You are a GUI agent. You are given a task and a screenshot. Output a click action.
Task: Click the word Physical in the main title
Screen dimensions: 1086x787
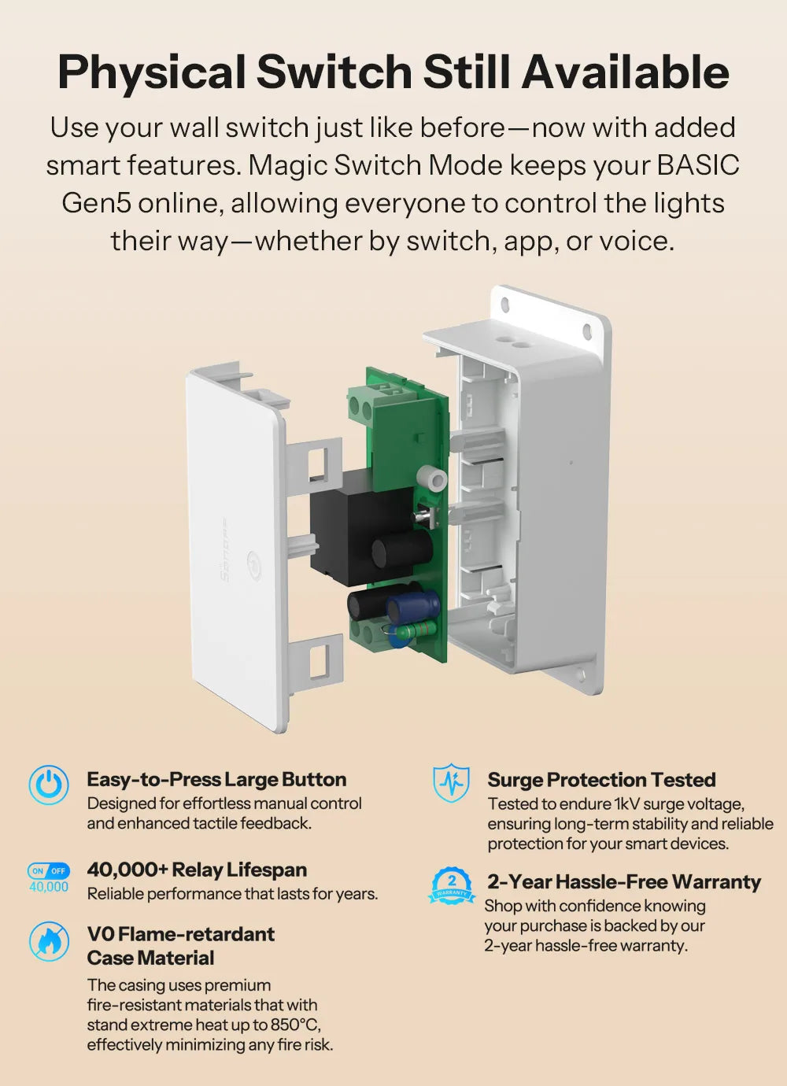(x=151, y=72)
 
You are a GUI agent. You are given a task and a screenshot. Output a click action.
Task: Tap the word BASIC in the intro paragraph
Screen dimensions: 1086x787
(x=697, y=165)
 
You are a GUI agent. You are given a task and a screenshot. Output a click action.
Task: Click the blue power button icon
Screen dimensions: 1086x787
(x=49, y=785)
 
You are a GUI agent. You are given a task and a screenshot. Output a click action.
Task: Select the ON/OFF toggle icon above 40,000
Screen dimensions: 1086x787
(x=49, y=871)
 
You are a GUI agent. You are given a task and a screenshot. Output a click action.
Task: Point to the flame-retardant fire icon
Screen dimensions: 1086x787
(x=49, y=940)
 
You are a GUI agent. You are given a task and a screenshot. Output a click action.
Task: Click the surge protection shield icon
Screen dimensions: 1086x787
(x=452, y=784)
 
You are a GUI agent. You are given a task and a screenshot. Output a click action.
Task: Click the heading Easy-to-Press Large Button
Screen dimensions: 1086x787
(x=216, y=780)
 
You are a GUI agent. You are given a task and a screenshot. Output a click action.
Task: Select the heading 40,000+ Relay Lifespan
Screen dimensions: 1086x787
(x=197, y=870)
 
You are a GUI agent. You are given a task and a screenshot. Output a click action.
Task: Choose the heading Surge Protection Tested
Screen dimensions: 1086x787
(x=601, y=780)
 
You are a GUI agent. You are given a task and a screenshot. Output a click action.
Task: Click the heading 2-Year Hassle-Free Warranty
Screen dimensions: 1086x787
(x=623, y=881)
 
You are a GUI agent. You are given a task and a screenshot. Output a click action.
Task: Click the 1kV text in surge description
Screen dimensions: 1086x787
(x=626, y=803)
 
